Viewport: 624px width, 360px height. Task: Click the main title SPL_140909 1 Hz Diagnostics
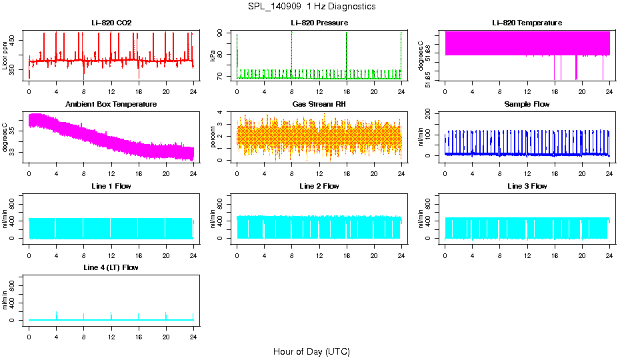311,7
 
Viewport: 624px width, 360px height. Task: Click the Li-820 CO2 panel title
111,23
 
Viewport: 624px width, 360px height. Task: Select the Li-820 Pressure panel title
319,23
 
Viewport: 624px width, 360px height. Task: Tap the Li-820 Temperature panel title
527,23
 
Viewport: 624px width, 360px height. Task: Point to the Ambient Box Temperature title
111,105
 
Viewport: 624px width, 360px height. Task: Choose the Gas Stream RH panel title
319,105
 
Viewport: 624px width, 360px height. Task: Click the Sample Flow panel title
527,105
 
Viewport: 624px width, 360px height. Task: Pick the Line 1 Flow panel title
111,186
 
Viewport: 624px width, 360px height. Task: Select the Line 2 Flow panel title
319,186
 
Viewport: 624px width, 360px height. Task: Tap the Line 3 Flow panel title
527,186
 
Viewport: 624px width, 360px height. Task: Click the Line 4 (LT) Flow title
111,267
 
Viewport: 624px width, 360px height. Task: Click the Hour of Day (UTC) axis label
311,351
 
